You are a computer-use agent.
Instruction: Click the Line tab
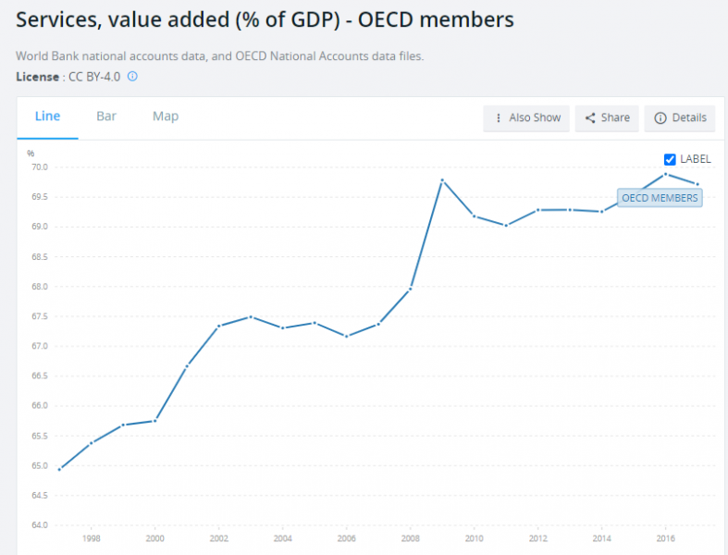tap(47, 117)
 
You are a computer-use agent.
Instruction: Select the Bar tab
tap(106, 117)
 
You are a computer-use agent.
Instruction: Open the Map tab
tap(166, 117)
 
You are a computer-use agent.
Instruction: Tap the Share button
tap(607, 117)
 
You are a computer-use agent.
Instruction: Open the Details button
tap(680, 117)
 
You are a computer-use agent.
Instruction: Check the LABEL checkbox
tap(671, 159)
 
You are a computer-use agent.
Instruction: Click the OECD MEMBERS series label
tap(660, 198)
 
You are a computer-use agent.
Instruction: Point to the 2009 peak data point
tap(442, 179)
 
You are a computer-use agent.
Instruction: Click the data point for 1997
tap(59, 469)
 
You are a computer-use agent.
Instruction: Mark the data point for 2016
tap(665, 174)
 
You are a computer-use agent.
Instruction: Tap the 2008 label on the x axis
tap(410, 538)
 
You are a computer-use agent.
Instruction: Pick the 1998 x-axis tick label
tap(91, 538)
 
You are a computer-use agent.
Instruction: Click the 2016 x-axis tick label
tap(664, 538)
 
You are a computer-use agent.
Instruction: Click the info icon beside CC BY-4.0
tap(132, 76)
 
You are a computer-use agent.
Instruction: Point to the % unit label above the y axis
tap(31, 154)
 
